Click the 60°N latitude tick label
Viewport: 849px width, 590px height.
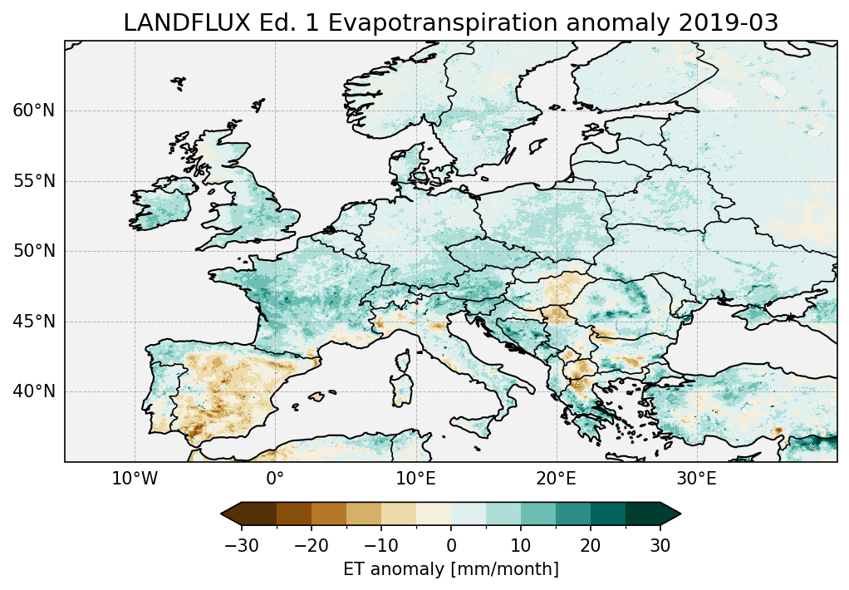click(33, 111)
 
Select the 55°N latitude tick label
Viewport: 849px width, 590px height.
click(33, 181)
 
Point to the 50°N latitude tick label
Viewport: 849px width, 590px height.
click(33, 251)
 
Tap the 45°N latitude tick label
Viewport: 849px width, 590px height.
click(33, 322)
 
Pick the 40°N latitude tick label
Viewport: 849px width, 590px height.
click(33, 391)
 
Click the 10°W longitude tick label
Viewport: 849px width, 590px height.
click(135, 479)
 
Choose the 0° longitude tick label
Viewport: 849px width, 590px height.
click(275, 479)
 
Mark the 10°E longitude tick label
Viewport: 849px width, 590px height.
click(415, 479)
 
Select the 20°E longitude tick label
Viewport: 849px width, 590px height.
click(556, 479)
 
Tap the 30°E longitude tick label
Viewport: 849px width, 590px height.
click(696, 479)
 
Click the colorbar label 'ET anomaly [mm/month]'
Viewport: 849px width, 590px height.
click(451, 569)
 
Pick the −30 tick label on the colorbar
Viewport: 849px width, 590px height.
click(240, 545)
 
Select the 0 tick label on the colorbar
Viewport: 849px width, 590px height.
click(451, 545)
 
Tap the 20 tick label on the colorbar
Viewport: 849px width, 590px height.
click(591, 545)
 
